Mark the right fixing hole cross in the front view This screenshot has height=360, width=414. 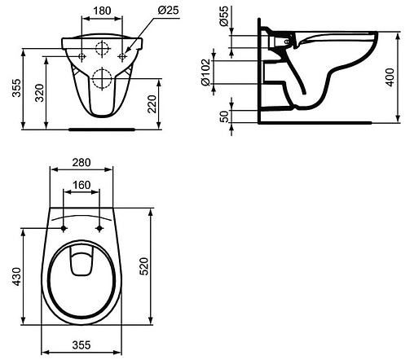point(123,55)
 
